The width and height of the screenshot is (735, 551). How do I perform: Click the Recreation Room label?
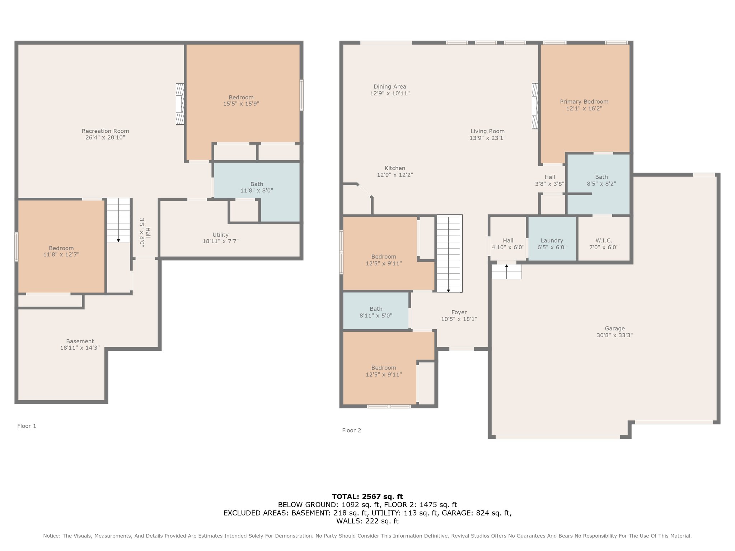tap(105, 131)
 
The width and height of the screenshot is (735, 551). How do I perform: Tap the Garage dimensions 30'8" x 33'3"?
tap(614, 335)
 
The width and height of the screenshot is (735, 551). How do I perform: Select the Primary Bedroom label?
tap(584, 102)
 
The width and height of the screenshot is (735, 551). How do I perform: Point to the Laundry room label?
tap(552, 240)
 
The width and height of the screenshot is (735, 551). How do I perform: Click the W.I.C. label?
tap(604, 240)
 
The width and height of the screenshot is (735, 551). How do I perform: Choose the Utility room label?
tap(220, 235)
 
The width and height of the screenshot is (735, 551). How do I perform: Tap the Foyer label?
tap(459, 312)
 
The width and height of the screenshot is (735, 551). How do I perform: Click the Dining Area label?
tap(390, 86)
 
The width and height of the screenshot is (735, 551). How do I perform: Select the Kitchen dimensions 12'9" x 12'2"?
tap(395, 175)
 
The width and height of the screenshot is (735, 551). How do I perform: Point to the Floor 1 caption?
tap(27, 426)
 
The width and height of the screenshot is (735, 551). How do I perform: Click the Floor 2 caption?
tap(351, 430)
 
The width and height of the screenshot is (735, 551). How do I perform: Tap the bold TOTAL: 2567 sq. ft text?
tap(367, 497)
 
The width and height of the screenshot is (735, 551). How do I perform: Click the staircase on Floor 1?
tap(118, 220)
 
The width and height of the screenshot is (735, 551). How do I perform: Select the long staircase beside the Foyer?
tap(449, 254)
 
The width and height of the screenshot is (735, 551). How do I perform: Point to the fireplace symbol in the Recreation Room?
tap(180, 104)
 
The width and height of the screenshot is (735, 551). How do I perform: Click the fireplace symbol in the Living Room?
tap(535, 106)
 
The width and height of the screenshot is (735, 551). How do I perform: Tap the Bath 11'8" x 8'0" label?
tap(257, 187)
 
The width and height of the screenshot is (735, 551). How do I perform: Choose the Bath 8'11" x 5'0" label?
tap(376, 312)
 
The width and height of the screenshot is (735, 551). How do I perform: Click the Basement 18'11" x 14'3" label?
tap(80, 344)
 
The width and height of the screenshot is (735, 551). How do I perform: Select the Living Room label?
tap(487, 131)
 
